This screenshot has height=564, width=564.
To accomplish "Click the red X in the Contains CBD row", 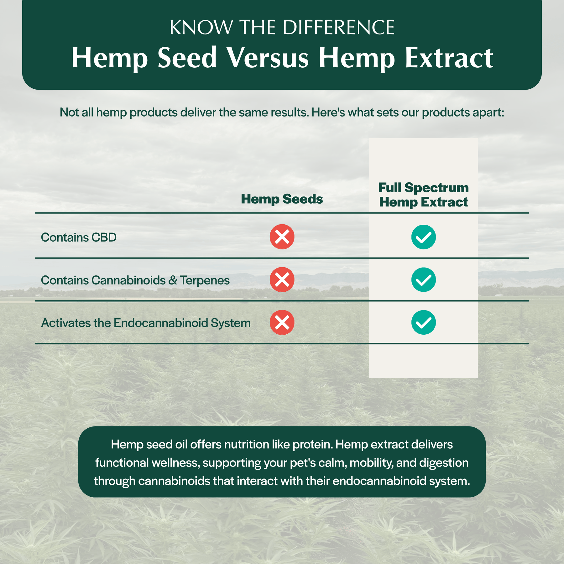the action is pos(282,237).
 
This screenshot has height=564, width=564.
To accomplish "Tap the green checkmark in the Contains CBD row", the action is pos(423,237).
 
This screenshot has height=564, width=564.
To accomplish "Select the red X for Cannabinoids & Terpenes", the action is pos(282,280).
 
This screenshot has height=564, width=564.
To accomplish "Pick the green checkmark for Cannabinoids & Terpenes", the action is pos(423,280).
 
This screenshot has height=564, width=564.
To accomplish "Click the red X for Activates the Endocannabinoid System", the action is pos(282,322).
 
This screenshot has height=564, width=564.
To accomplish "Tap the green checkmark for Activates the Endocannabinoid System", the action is pos(423,322).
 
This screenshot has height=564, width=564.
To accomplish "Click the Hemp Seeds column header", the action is pos(282,199).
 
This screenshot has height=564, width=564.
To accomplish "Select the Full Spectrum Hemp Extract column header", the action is pos(423,195).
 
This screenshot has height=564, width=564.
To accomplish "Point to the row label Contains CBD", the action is pos(79,238).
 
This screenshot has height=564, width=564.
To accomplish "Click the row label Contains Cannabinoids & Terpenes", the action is pos(135,280).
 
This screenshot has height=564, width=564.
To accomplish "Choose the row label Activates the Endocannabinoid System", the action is pos(146,323).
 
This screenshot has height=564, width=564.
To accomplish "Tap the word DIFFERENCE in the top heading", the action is pos(338,28).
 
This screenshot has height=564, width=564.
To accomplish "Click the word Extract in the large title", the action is pos(449,58).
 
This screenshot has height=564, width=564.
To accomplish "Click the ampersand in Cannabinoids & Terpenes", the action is pos(173,280).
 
